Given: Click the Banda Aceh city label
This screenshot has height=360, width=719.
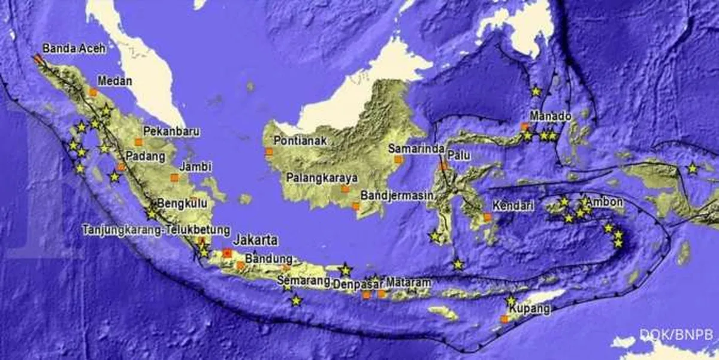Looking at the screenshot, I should point(74,49).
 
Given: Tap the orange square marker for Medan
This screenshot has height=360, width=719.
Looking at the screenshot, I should point(93,92).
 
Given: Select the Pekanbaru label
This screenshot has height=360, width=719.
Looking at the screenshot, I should point(163,131).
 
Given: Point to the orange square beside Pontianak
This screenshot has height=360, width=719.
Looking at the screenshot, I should point(268,152).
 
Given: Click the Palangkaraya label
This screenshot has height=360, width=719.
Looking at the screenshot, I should point(322,178).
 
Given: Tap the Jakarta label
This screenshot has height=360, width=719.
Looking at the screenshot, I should point(256,240).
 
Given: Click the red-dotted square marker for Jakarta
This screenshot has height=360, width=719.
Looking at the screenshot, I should point(227,253).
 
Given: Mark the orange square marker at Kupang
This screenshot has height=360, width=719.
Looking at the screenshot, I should point(504,319).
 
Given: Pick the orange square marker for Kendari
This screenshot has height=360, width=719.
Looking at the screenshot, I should point(488,217).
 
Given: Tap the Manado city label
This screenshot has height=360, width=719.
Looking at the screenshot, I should point(550,116).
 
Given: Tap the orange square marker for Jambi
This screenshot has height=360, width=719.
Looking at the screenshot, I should point(174,177).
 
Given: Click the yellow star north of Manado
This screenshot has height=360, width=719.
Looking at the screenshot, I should point(536,92).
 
